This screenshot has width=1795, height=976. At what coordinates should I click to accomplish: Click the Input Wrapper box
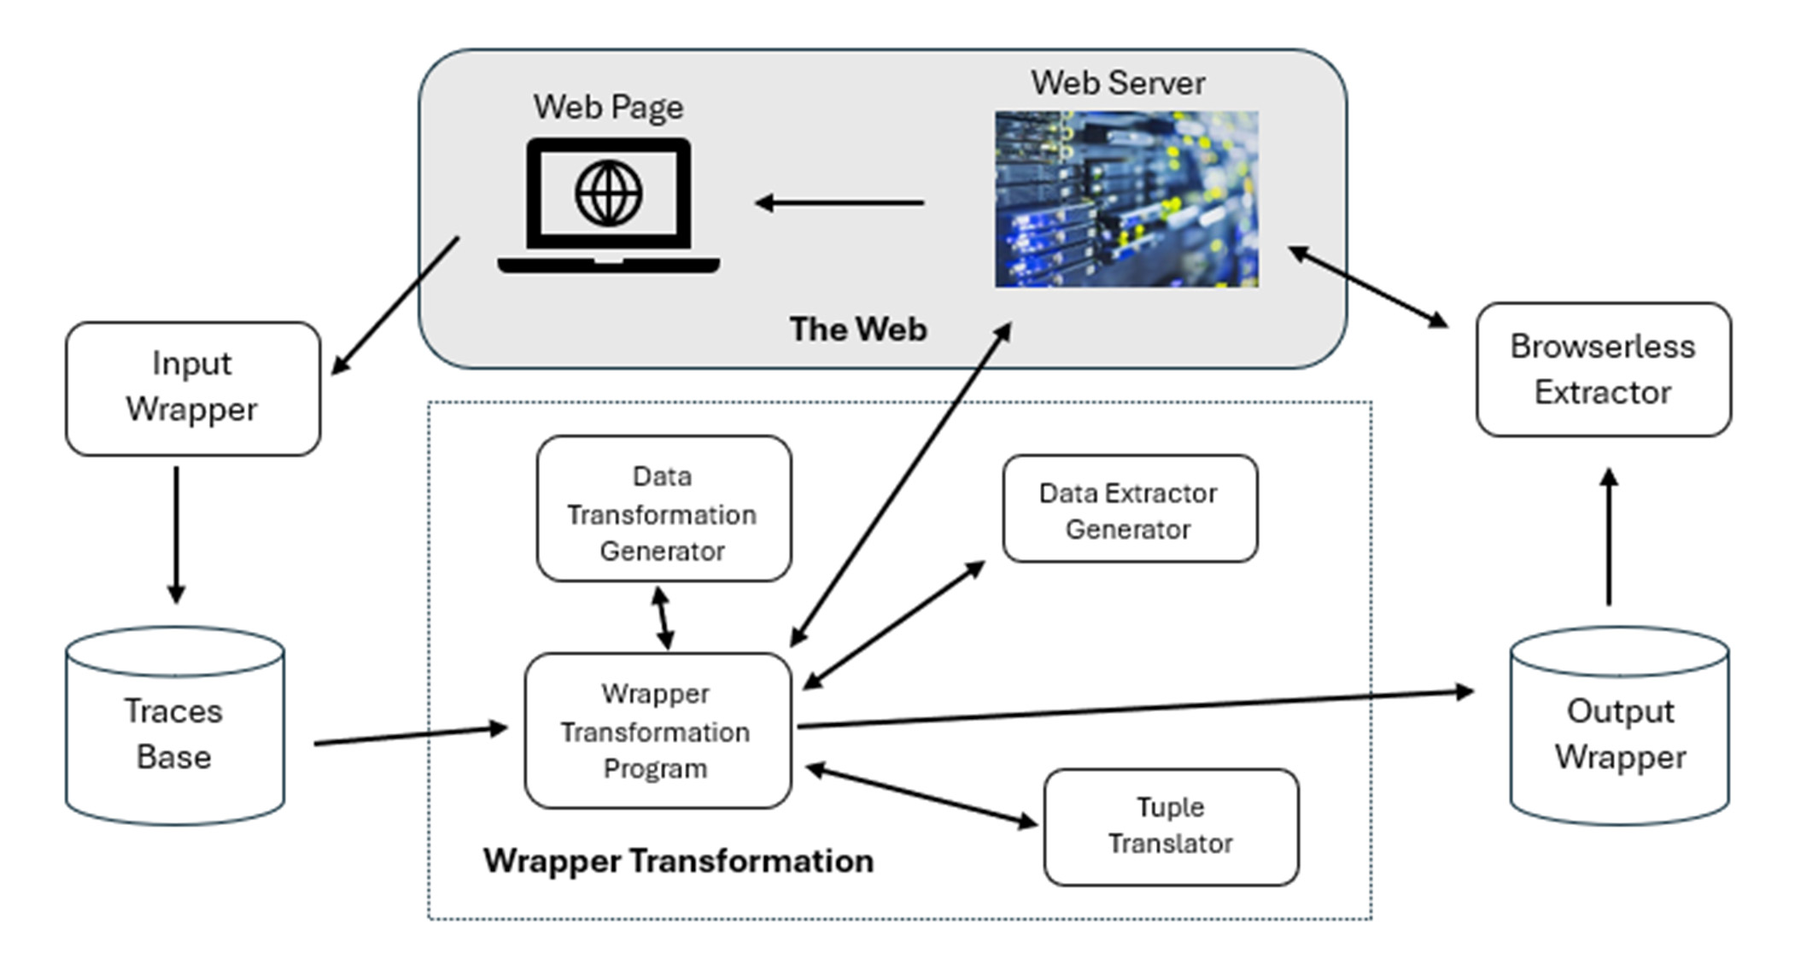point(193,388)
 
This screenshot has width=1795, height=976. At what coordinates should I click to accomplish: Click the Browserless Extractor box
point(1603,369)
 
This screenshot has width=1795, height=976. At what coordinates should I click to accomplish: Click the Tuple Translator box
point(1170,826)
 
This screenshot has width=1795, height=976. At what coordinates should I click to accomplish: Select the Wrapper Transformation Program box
point(657,731)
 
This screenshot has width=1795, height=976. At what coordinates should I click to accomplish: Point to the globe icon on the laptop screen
point(608,194)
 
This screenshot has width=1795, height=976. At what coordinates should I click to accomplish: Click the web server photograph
point(1126,199)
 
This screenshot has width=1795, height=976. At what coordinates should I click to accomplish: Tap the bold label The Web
point(857,329)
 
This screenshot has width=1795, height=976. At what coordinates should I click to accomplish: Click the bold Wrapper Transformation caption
point(678,861)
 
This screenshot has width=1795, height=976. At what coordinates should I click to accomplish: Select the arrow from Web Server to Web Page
point(839,203)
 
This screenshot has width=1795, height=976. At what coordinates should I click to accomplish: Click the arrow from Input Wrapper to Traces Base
point(176,534)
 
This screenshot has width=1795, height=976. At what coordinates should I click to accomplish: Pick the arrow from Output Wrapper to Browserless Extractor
point(1608,538)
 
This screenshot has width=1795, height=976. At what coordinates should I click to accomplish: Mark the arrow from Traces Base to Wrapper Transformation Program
point(410,735)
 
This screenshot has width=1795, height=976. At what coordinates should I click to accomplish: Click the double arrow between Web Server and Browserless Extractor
point(1367,286)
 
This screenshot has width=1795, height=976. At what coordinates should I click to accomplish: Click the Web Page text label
point(608,107)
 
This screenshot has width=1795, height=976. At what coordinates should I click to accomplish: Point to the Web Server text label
point(1117,83)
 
